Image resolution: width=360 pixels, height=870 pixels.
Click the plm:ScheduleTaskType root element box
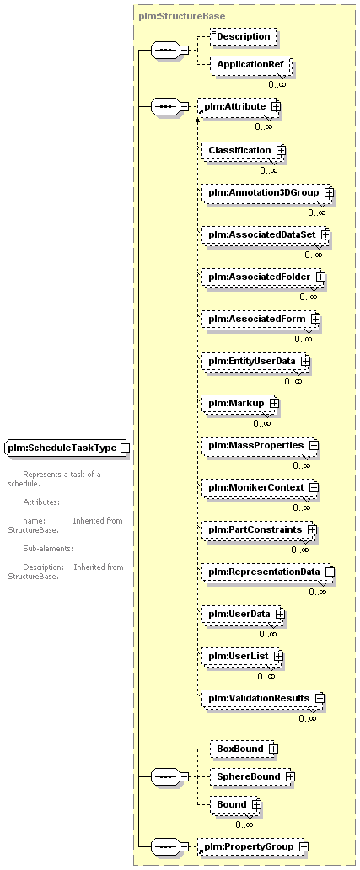[x=67, y=447]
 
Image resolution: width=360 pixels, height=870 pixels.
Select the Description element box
[x=243, y=36]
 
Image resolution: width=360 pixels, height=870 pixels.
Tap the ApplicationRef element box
[x=250, y=64]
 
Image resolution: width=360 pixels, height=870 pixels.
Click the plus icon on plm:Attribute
[x=275, y=105]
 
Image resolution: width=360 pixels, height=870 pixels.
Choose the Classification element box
[x=244, y=150]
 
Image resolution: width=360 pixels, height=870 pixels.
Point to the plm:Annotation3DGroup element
[x=267, y=192]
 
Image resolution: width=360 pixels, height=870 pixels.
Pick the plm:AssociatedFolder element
[x=263, y=277]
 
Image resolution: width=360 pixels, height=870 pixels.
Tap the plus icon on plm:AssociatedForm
[x=315, y=319]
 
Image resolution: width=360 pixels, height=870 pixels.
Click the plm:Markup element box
[x=239, y=403]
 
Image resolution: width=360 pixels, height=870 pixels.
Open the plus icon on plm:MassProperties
[x=314, y=445]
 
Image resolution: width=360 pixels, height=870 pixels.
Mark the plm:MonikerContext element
[x=260, y=487]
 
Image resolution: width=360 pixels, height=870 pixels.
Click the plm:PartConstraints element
[x=259, y=529]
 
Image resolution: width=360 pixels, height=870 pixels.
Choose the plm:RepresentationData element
[x=268, y=572]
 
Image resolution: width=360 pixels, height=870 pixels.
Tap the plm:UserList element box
[x=243, y=656]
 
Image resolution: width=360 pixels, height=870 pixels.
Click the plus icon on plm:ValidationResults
[x=319, y=697]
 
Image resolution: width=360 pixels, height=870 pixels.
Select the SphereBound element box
[x=252, y=776]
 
